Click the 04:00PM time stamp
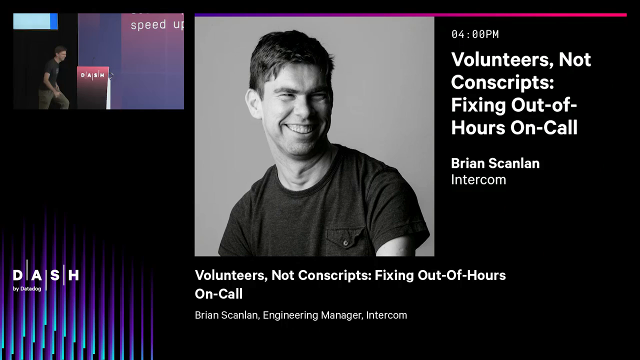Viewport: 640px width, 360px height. pos(475,34)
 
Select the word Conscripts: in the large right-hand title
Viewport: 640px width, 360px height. pos(502,82)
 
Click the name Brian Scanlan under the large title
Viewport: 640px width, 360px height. pos(495,163)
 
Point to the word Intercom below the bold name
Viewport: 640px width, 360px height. pos(478,179)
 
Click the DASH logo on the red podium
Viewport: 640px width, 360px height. pos(92,75)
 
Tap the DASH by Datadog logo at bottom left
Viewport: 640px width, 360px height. pos(45,278)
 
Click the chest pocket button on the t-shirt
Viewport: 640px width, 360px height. pos(344,242)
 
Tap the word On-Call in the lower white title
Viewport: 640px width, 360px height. pos(218,294)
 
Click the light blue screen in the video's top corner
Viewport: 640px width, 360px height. pos(35,21)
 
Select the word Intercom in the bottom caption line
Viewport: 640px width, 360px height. pos(386,315)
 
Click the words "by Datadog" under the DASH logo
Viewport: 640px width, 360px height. pos(27,288)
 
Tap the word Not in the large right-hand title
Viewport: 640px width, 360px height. pos(574,60)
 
